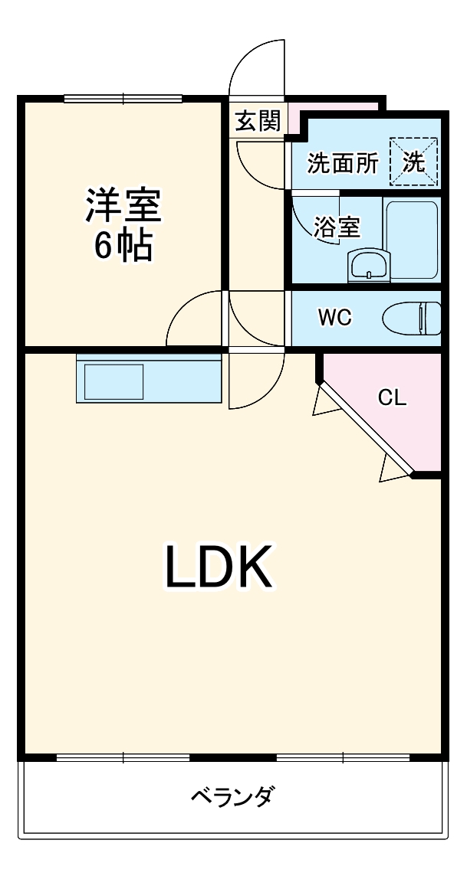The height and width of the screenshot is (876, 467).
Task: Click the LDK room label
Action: click(x=219, y=567)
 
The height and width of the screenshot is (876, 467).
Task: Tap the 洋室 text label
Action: click(x=123, y=205)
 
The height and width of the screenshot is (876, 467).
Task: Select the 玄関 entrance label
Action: click(x=258, y=121)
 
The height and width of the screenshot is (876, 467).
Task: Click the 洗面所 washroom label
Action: click(x=343, y=163)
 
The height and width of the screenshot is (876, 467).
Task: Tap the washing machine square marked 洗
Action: click(x=413, y=162)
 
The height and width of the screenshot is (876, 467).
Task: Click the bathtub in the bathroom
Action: click(x=412, y=240)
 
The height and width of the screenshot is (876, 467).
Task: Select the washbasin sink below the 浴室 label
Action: click(x=369, y=266)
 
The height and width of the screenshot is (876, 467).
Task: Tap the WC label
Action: click(x=334, y=318)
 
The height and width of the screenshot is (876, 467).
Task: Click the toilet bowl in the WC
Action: click(x=412, y=318)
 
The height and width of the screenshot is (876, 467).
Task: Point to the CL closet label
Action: click(x=392, y=397)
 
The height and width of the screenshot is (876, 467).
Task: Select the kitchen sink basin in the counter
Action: click(x=113, y=381)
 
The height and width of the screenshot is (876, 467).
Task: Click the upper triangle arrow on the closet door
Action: click(x=321, y=403)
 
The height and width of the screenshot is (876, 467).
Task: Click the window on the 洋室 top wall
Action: click(x=123, y=98)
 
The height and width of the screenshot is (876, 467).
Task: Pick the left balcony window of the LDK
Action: click(x=123, y=757)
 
